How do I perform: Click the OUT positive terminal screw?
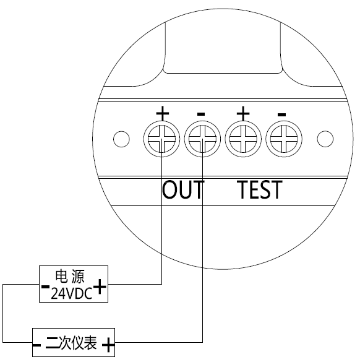pos(162,139)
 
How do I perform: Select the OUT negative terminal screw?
pos(202,139)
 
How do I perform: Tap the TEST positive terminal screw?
pos(243,139)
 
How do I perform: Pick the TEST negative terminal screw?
pos(284,139)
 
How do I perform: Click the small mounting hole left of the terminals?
pos(121,139)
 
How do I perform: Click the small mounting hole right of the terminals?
pos(325,139)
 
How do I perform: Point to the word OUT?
pos(183,190)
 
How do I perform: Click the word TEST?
pos(260,190)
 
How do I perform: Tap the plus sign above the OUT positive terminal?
pos(163,113)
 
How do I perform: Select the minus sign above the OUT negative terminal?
pos(201,114)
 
